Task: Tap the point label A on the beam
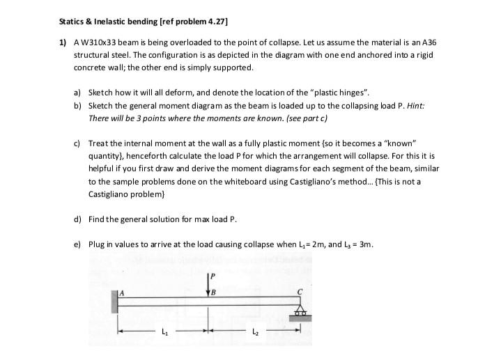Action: coord(123,292)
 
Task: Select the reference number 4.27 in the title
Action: coord(212,21)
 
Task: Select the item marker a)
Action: coord(78,92)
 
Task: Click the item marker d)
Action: coord(78,219)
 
